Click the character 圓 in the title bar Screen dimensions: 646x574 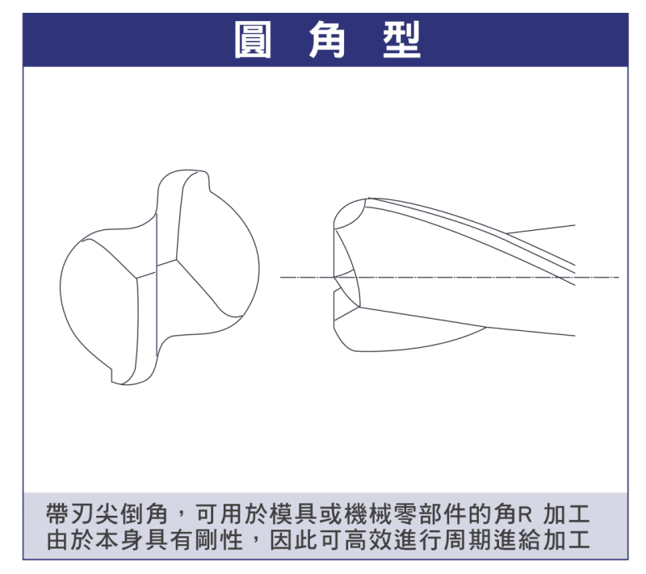253,40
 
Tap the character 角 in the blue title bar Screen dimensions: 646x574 327,40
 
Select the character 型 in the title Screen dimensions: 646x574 401,40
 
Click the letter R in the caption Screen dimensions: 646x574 524,515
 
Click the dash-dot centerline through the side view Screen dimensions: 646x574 450,277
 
